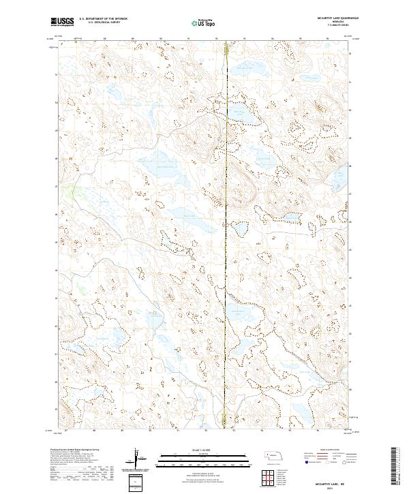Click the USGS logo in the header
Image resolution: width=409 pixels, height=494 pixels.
(x=63, y=22)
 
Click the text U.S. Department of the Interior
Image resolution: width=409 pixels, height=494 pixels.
(x=103, y=19)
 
